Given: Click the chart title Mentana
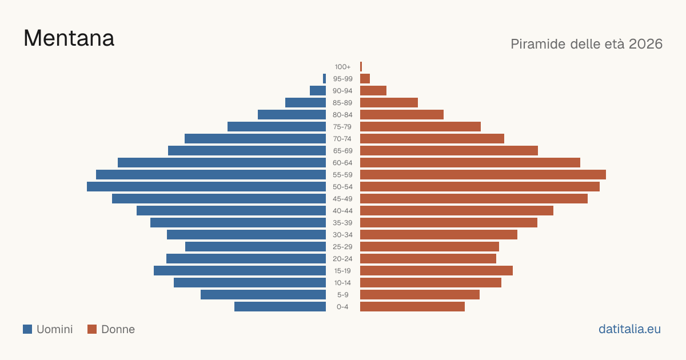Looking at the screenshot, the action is [69, 38].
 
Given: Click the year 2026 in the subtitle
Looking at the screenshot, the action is [645, 44].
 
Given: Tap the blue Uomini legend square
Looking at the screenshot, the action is [27, 329].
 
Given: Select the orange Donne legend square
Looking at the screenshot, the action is [92, 329].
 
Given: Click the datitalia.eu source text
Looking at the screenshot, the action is [629, 329].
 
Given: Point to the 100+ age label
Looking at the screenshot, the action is [342, 67].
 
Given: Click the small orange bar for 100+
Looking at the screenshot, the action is [361, 67].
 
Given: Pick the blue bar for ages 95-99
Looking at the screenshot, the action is [324, 79].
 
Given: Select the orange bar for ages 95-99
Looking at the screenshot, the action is [365, 79].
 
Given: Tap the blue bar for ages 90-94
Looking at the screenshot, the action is [318, 91].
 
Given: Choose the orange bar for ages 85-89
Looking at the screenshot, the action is [389, 102].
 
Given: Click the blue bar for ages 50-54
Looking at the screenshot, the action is [206, 187].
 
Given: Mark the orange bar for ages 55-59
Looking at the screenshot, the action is [483, 175].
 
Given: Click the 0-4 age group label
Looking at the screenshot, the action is [342, 307].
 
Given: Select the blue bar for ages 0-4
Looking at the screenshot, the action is [280, 307].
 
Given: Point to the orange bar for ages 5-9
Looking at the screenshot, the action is [420, 295].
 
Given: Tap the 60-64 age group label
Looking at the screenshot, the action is [342, 163].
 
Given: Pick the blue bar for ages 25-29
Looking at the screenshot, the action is [256, 247].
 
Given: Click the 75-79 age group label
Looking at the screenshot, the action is [342, 127].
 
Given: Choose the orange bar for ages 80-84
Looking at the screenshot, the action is [402, 115].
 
